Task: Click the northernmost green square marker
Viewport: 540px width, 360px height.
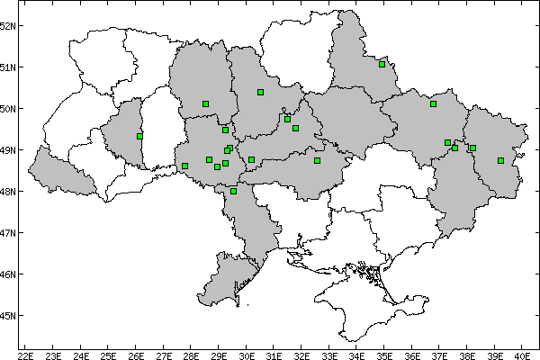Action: tap(382, 64)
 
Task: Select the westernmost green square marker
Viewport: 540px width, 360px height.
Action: tap(139, 136)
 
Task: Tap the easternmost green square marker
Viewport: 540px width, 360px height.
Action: tap(500, 160)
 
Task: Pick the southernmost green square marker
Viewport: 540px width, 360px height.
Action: tap(234, 191)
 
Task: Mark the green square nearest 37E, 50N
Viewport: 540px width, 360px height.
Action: tap(434, 103)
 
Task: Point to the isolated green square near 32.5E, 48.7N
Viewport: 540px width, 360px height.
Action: tap(317, 160)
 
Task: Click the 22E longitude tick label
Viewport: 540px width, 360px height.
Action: tap(25, 354)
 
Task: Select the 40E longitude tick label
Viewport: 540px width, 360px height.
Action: tap(522, 354)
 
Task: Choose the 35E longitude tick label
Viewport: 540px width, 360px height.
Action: tap(384, 354)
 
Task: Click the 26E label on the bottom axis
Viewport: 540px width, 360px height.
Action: tap(136, 354)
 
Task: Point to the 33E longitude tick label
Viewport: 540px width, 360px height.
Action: tap(328, 354)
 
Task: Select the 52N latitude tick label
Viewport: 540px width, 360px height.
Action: tap(10, 25)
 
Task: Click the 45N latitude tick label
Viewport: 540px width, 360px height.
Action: tap(10, 315)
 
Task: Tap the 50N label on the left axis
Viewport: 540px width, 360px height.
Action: tap(10, 108)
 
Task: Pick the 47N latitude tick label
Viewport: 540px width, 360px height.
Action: tap(10, 232)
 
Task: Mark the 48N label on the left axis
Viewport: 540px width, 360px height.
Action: tap(10, 191)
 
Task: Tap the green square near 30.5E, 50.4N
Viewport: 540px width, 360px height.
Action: tap(260, 92)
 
